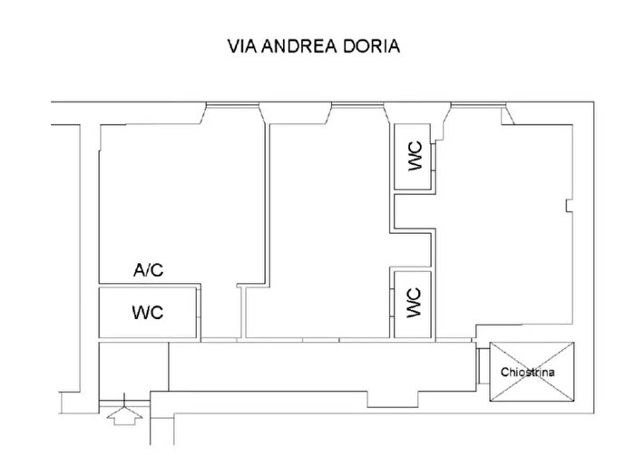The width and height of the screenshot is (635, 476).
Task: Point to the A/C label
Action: (x=149, y=269)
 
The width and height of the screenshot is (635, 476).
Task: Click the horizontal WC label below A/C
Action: (x=148, y=313)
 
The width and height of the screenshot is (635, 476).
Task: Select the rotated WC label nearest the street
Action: (x=415, y=158)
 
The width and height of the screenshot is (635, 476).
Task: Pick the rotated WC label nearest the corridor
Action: (x=414, y=301)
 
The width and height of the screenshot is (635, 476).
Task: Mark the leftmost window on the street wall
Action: (x=234, y=109)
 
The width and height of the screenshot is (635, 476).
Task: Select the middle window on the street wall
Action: (x=357, y=109)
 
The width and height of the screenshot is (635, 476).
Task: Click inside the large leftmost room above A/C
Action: (x=177, y=190)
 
